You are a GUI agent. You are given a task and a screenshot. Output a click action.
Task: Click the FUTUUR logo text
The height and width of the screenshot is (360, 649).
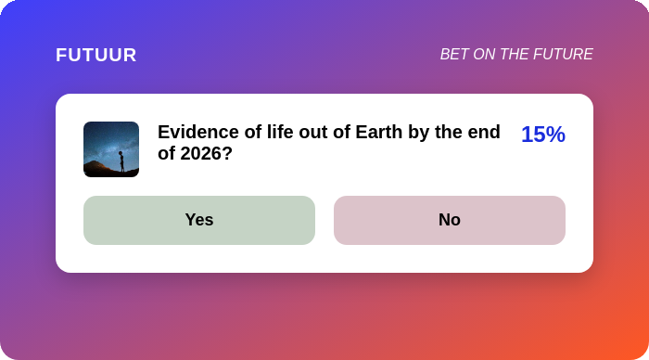(x=96, y=55)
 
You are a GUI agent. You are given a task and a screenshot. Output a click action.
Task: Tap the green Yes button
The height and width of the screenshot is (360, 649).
(x=199, y=220)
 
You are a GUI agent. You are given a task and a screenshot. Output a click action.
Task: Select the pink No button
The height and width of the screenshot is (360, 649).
(x=450, y=220)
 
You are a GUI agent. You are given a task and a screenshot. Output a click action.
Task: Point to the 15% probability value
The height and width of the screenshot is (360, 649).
(x=543, y=135)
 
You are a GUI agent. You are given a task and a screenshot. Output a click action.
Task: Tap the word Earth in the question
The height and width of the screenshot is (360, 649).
(x=378, y=132)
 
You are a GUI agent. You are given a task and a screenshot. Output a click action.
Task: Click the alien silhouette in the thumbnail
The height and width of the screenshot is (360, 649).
(x=121, y=161)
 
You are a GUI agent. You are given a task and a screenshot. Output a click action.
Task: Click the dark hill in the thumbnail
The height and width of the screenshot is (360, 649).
(x=98, y=170)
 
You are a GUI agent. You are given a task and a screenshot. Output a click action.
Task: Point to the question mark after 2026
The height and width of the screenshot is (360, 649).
(x=228, y=154)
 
